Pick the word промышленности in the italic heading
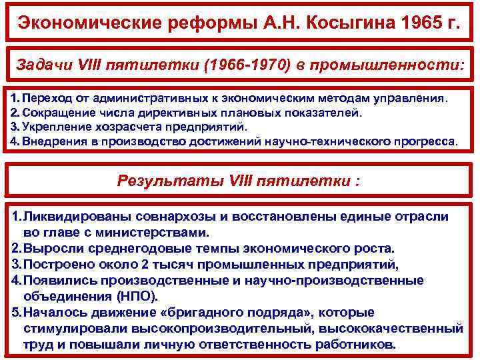(411, 65)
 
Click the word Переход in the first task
(46, 99)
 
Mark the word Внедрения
(53, 141)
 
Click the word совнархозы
(179, 217)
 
